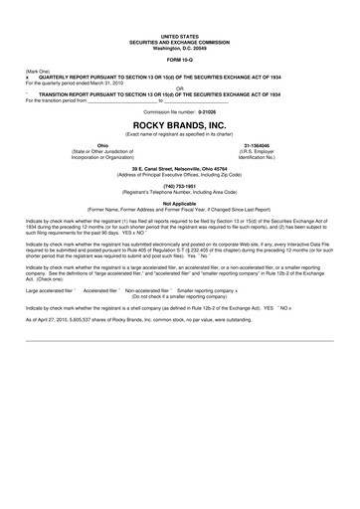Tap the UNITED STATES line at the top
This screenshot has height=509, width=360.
(x=180, y=33)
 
